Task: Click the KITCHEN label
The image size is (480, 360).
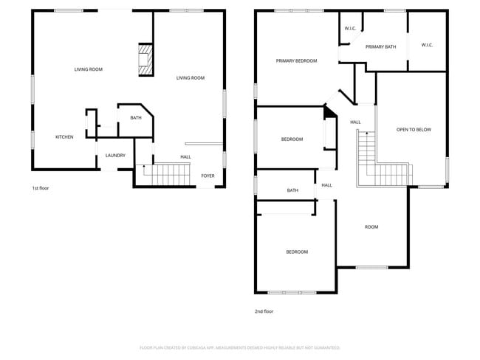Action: [x=64, y=137]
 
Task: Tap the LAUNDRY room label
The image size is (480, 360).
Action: [x=115, y=156]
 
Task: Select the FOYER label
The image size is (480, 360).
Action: [x=208, y=176]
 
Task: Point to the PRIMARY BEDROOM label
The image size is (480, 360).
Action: [x=296, y=61]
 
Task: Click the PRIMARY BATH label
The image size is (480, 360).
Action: [x=380, y=47]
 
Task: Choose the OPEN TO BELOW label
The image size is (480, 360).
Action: [x=414, y=130]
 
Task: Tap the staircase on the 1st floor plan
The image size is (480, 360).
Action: [x=166, y=175]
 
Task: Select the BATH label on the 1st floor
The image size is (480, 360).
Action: [x=136, y=118]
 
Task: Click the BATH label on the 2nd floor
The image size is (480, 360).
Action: [x=292, y=191]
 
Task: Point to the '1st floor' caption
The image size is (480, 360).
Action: [x=40, y=188]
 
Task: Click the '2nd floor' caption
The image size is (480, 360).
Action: [x=264, y=311]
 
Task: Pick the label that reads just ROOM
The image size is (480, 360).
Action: [x=371, y=227]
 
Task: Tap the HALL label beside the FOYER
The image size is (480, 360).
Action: [x=185, y=157]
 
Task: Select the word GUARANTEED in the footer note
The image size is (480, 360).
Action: [x=324, y=347]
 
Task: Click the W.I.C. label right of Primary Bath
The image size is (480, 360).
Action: [x=427, y=45]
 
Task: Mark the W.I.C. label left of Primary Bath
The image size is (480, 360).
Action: [x=350, y=29]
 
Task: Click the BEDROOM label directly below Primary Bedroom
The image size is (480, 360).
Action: [x=292, y=139]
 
